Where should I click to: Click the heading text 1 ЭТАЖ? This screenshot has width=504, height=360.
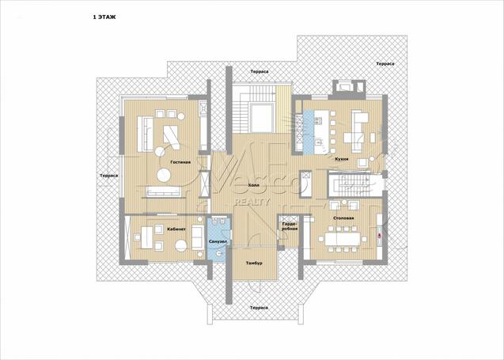tap(104, 17)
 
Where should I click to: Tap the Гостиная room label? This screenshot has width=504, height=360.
tap(180, 162)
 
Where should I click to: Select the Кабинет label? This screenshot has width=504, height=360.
tap(176, 229)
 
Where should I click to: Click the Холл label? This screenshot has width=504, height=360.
tap(254, 185)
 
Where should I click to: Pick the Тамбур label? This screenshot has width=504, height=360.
tap(254, 263)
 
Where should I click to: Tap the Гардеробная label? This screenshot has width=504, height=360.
tap(290, 226)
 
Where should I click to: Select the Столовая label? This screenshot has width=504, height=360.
tap(343, 218)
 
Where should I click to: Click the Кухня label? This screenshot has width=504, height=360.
tap(341, 159)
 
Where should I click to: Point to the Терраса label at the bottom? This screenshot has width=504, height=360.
tap(259, 308)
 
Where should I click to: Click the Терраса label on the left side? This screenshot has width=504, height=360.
tap(108, 176)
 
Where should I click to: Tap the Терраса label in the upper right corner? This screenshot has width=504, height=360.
tap(385, 63)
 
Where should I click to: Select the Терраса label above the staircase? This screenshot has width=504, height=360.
tap(260, 71)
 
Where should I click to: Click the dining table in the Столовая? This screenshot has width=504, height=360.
tap(343, 239)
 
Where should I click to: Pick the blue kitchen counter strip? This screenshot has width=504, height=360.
tap(309, 132)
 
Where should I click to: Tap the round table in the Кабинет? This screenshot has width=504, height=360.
tap(181, 245)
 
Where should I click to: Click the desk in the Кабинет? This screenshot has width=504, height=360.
tap(146, 237)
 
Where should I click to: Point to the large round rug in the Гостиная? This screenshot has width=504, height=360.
tap(164, 175)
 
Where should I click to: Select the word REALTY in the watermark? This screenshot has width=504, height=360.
tap(252, 203)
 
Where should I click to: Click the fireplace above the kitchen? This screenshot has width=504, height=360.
tap(348, 87)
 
